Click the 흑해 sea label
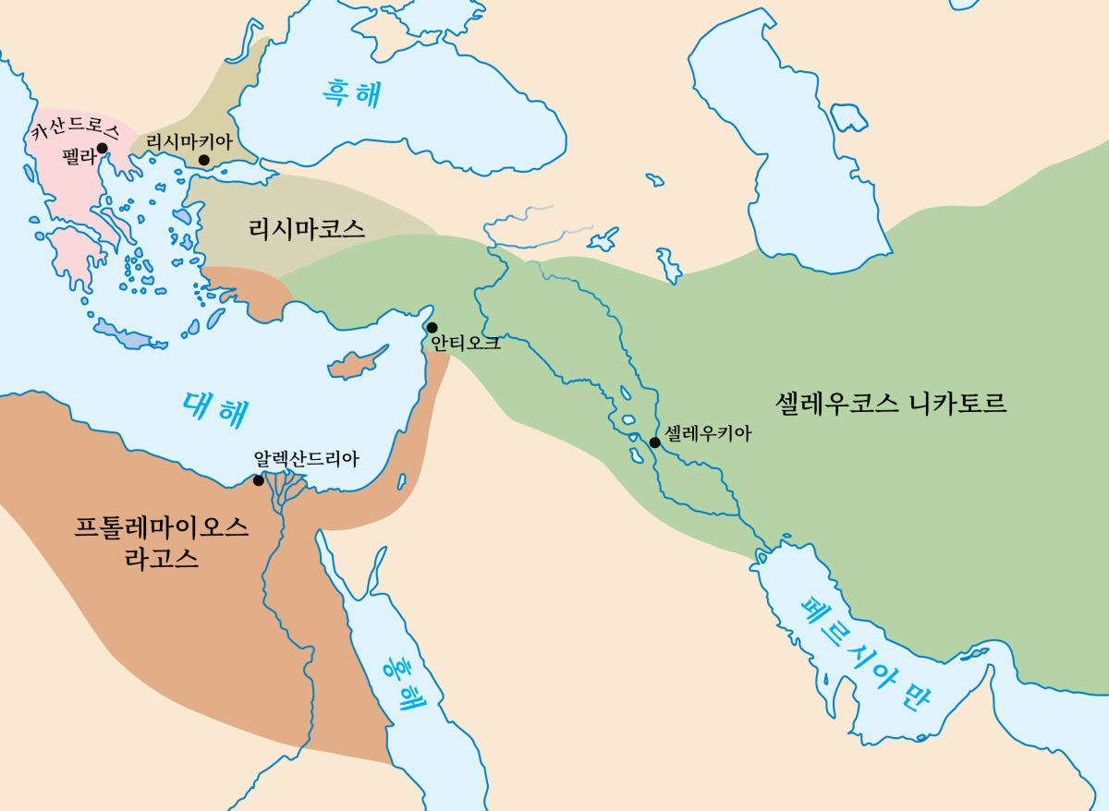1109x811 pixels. [x=350, y=94]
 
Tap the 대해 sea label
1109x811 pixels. [x=215, y=408]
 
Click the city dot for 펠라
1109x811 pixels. [x=102, y=148]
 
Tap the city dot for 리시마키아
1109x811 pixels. [x=204, y=160]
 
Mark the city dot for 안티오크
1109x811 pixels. [x=432, y=327]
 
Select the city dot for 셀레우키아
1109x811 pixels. [x=654, y=442]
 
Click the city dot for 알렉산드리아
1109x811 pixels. [x=259, y=480]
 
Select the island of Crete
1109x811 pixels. [x=129, y=336]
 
